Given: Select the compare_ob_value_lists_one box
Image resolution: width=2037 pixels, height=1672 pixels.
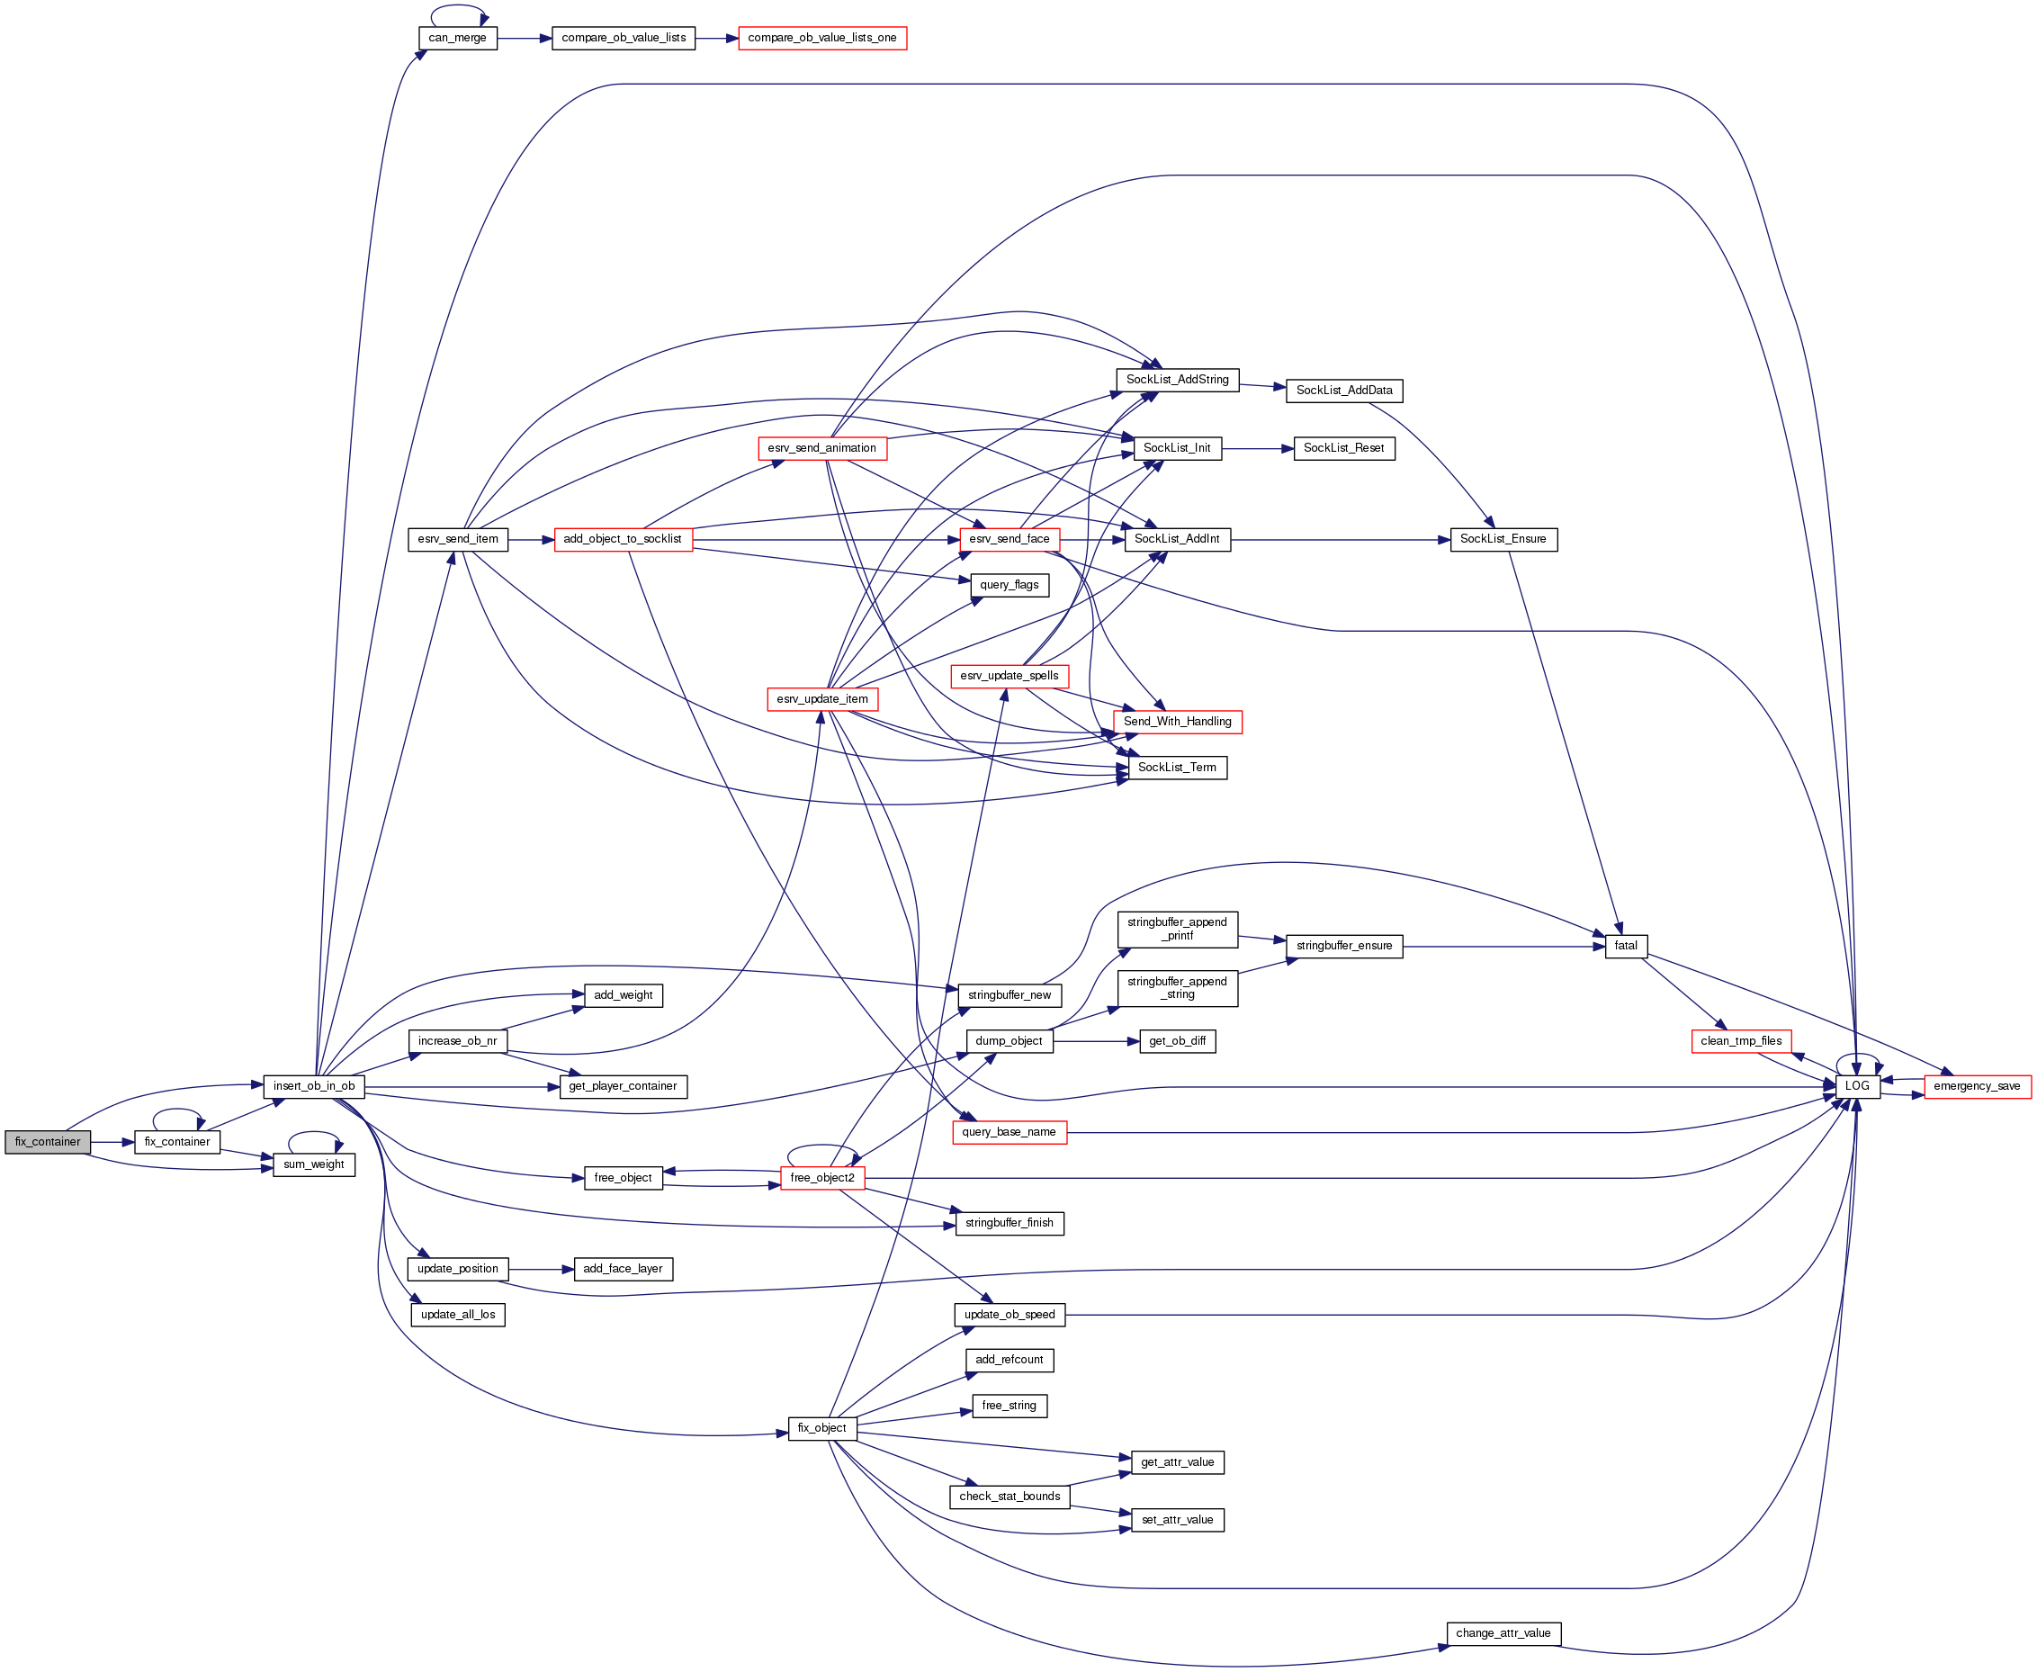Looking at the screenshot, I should point(821,39).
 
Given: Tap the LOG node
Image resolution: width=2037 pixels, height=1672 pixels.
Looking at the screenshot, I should point(1857,1086).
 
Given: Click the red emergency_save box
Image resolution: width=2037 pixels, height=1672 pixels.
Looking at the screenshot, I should point(1978,1086).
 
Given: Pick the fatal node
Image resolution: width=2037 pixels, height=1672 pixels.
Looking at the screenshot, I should point(1626,946).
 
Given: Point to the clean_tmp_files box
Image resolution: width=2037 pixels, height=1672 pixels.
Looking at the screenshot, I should point(1741,1041).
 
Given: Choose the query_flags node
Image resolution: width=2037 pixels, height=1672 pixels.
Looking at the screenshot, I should point(1009,586).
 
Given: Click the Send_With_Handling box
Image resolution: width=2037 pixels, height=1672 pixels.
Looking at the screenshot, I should point(1177,723).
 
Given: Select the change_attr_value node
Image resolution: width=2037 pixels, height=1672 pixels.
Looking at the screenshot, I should point(1503,1633).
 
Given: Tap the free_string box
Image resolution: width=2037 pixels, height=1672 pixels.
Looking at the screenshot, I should point(1009,1407).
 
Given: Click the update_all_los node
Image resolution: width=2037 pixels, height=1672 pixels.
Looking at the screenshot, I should point(457,1315).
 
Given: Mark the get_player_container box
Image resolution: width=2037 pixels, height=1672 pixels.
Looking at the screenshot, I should point(624,1086).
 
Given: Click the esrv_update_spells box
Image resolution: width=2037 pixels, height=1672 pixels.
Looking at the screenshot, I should point(1009,676).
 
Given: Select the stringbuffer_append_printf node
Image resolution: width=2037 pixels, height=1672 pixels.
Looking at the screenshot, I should point(1177,930).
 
